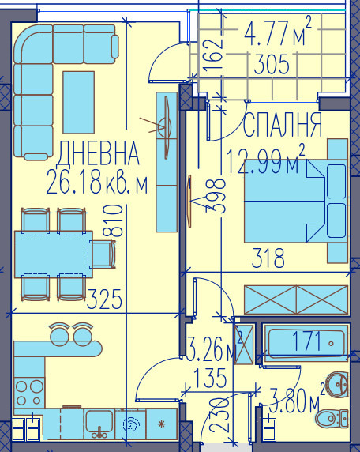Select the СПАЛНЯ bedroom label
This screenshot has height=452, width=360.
283,125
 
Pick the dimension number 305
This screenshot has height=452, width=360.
268,65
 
